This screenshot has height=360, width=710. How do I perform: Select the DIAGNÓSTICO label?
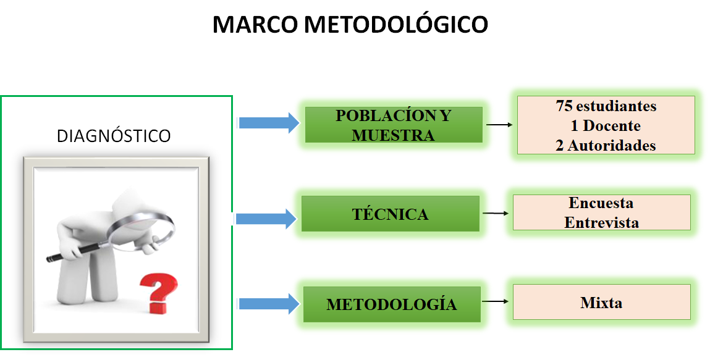coord(114,136)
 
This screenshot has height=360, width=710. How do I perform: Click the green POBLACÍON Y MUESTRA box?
coord(394,125)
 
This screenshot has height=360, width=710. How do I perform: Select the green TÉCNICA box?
coord(390,214)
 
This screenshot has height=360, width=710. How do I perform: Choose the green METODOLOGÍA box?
coord(392,304)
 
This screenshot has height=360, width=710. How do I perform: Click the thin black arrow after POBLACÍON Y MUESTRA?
coord(499,125)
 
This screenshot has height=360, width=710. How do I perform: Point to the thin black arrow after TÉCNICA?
coord(496,214)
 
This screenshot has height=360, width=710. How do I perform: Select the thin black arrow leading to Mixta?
coord(496,302)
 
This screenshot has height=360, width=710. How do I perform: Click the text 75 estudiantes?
coord(606,106)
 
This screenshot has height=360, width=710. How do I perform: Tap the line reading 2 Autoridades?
coord(606,146)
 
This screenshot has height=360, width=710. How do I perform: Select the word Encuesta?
coord(601,203)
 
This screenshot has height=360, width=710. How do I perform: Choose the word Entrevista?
coord(601,222)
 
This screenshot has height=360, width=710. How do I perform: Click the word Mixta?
coord(601,303)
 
